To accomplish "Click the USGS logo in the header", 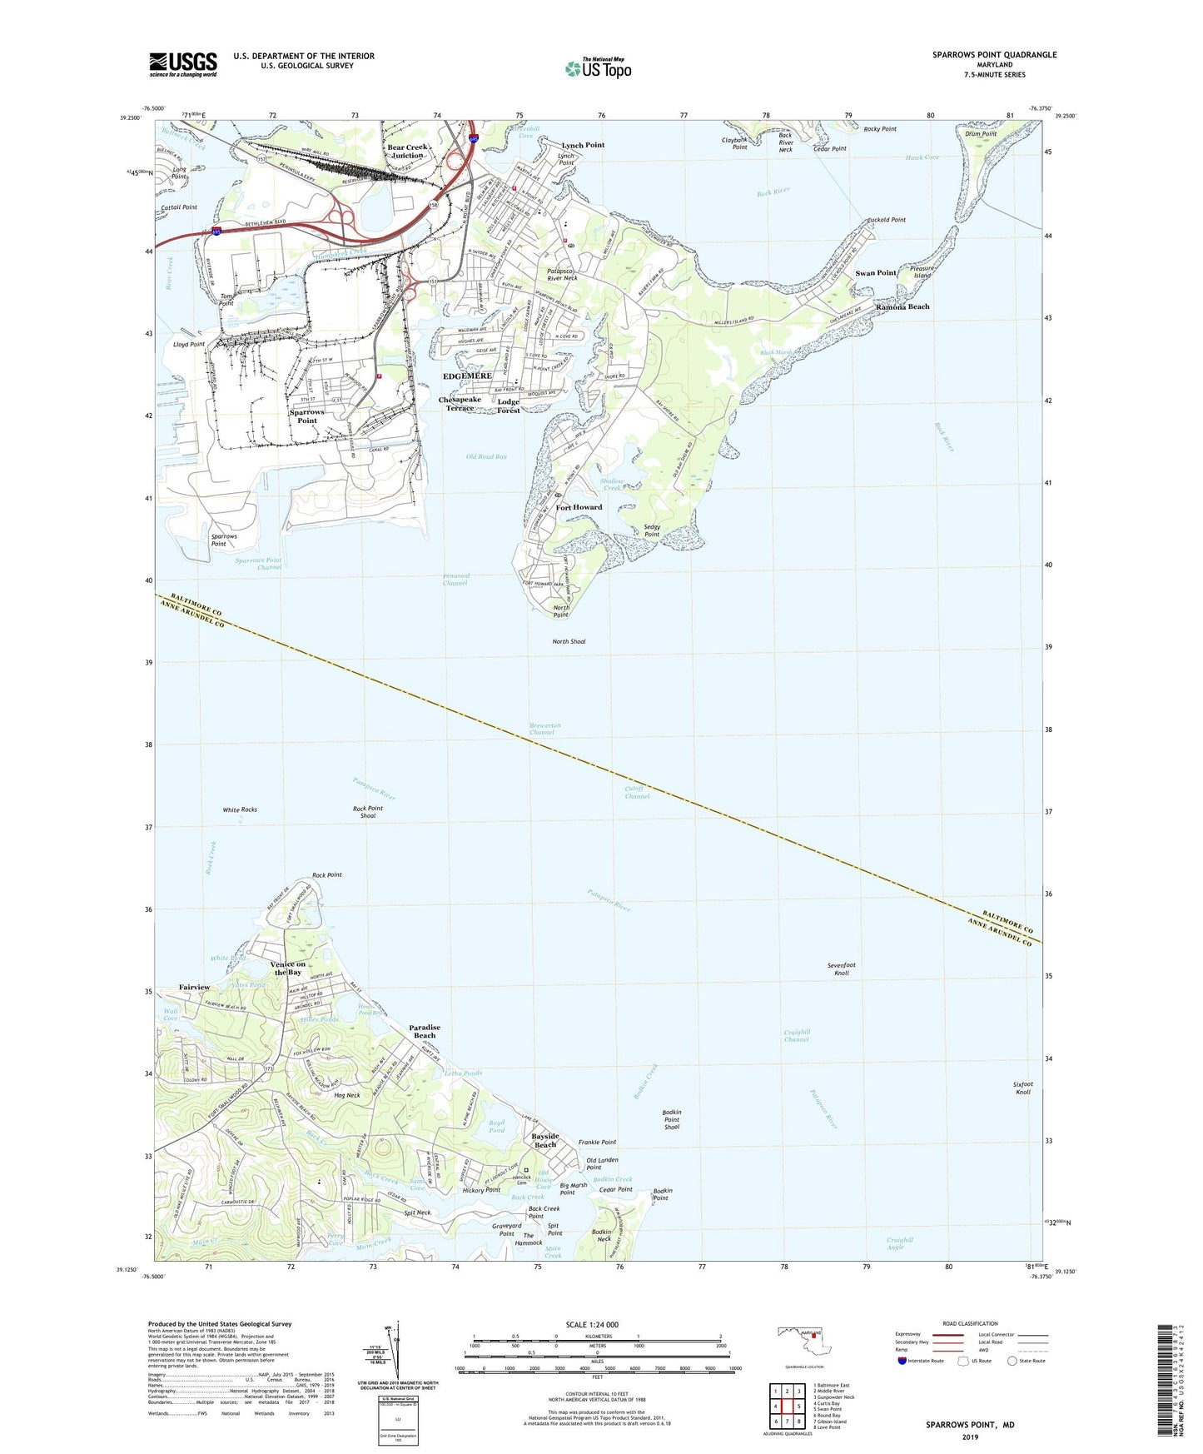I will pyautogui.click(x=183, y=64).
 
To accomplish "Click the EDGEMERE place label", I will pyautogui.click(x=467, y=376).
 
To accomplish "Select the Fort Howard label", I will pyautogui.click(x=579, y=507).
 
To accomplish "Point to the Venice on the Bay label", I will pyautogui.click(x=288, y=968).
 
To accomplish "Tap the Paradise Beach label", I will pyautogui.click(x=425, y=1031).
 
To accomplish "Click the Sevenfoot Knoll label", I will pyautogui.click(x=842, y=969).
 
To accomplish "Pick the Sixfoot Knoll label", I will pyautogui.click(x=1022, y=1088).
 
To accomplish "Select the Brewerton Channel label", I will pyautogui.click(x=545, y=729).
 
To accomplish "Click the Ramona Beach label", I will pyautogui.click(x=902, y=306).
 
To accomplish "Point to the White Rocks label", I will pyautogui.click(x=240, y=809).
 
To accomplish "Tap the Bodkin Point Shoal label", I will pyautogui.click(x=671, y=1119).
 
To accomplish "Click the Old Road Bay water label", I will pyautogui.click(x=486, y=456).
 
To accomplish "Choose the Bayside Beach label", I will pyautogui.click(x=545, y=1140).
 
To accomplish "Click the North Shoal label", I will pyautogui.click(x=569, y=641).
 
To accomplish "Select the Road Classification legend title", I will pyautogui.click(x=970, y=1323).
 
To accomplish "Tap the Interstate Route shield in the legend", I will pyautogui.click(x=903, y=1362).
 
